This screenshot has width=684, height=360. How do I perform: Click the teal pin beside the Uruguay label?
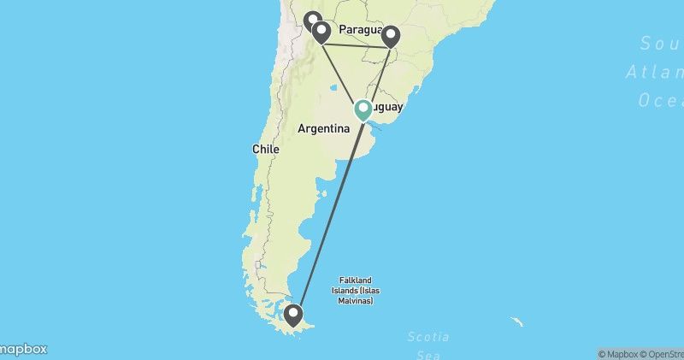363,109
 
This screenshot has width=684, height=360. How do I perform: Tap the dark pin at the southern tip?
294,316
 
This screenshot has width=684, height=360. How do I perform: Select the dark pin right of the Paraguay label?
391,35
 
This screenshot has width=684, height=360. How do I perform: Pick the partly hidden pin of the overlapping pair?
312,19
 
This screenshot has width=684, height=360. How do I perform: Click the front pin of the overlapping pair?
321,32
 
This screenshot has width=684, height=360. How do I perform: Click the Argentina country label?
323,128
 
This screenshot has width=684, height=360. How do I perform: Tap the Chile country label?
265,149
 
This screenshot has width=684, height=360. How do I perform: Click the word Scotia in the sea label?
428,338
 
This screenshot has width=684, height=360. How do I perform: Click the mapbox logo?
23,349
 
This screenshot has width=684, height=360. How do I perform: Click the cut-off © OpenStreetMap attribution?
666,354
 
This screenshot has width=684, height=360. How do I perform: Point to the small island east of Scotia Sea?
516,322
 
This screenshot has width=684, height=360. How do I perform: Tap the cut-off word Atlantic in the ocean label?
654,72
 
